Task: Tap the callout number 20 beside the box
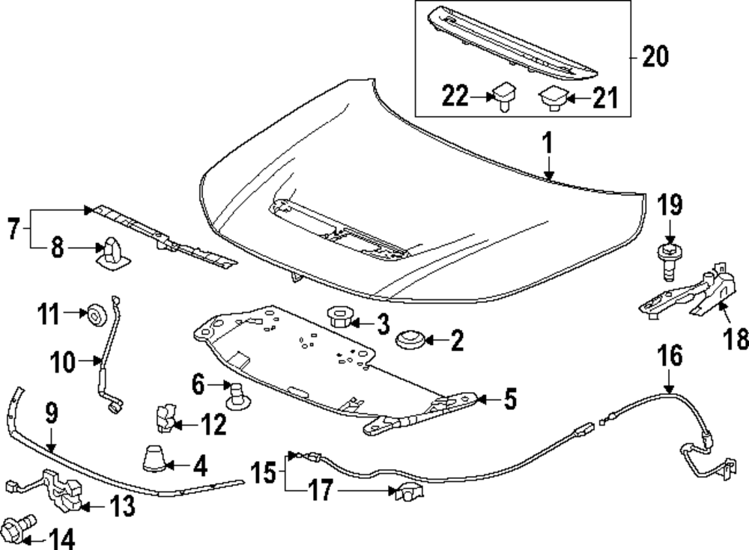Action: [655, 56]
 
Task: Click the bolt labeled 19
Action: [668, 256]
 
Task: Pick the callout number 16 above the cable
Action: [670, 356]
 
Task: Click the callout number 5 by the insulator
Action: [509, 401]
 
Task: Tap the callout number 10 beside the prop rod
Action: [64, 363]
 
